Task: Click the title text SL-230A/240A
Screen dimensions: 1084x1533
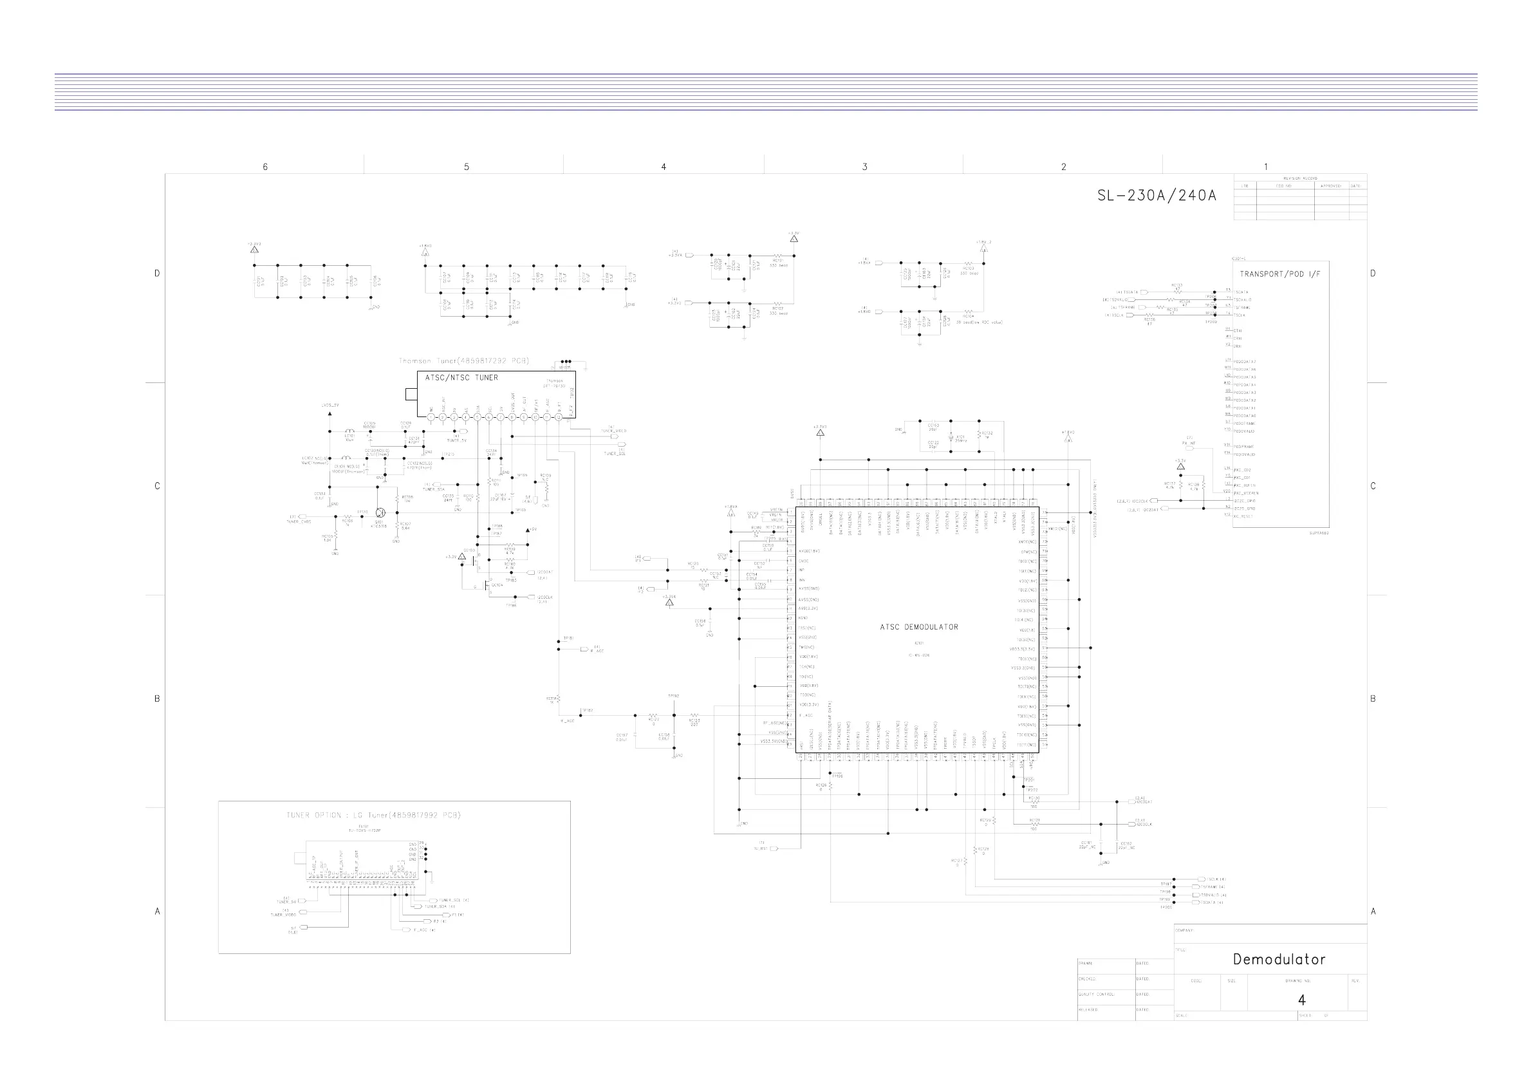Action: (1157, 196)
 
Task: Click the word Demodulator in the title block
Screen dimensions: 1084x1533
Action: (1279, 960)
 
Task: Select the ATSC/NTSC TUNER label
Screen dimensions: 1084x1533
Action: (461, 378)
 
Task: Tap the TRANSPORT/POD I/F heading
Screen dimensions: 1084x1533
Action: (1279, 274)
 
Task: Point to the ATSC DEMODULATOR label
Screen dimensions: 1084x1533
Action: (919, 627)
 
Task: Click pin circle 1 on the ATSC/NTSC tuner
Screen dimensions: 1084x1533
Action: (431, 417)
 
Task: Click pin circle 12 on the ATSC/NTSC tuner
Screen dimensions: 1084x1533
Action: (559, 417)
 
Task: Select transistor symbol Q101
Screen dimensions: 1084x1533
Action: (380, 513)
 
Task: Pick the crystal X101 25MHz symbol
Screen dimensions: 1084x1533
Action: (951, 438)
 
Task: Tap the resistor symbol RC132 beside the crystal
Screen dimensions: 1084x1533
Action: (979, 435)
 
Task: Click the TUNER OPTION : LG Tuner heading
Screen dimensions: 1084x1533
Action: (373, 816)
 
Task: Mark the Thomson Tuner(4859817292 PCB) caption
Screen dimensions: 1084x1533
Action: (463, 361)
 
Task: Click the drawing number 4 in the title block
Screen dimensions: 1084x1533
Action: (1301, 1000)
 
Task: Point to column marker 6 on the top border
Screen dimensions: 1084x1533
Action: (265, 167)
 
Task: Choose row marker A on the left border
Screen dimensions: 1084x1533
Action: (158, 911)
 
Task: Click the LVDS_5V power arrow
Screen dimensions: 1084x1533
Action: (330, 413)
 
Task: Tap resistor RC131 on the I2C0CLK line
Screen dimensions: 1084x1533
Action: (1034, 824)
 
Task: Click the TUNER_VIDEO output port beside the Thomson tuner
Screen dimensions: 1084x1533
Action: (622, 437)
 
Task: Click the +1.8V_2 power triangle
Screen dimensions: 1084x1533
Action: (983, 248)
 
